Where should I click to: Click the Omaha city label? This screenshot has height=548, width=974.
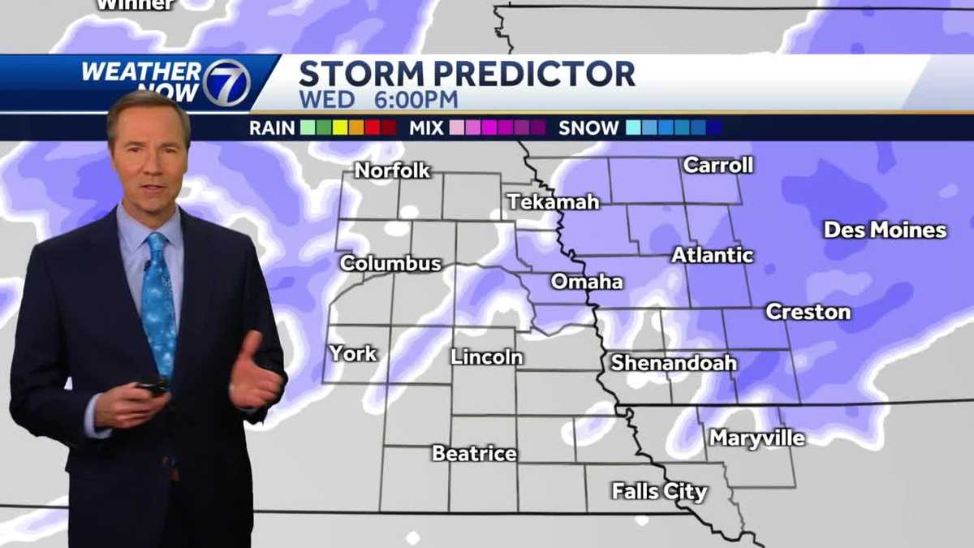587,282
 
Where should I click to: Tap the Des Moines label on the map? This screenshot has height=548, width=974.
885,230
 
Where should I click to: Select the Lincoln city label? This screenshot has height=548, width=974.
487,356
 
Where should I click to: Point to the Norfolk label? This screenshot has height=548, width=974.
393,170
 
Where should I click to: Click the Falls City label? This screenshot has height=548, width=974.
659,491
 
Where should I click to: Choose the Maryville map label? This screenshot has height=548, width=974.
757,438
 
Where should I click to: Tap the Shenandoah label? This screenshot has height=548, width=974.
674,363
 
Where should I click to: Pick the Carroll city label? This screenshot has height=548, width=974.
718,165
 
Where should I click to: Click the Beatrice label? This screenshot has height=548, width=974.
474,453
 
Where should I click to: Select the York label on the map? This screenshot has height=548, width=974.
353,353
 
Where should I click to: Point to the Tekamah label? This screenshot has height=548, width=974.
554,201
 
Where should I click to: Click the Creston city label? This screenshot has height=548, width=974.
808,312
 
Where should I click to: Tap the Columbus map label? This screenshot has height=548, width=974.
390,263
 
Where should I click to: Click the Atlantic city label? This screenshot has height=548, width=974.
713,255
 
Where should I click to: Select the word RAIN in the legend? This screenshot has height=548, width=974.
272,127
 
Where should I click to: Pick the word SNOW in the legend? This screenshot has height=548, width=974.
588,127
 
